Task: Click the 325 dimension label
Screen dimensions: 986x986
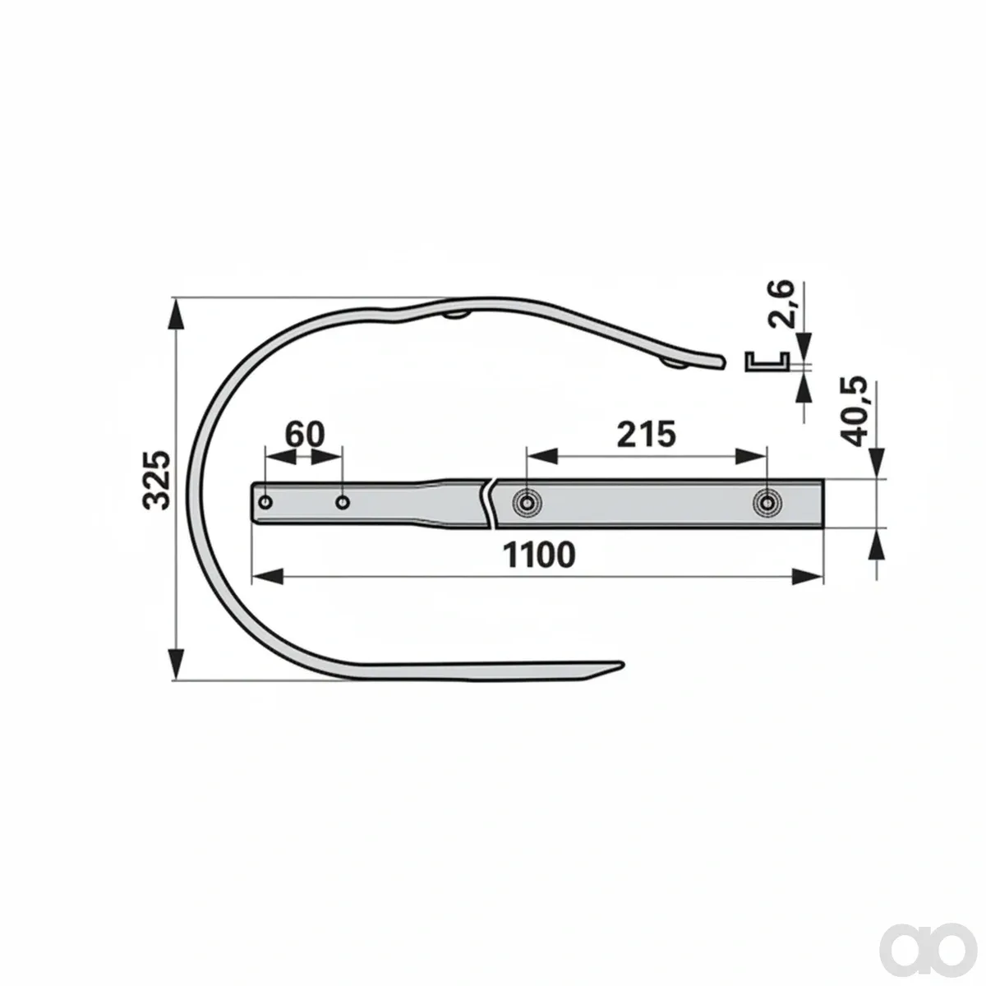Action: click(x=156, y=480)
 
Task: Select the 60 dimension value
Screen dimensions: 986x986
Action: click(x=305, y=435)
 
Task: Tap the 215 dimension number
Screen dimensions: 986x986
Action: click(x=647, y=435)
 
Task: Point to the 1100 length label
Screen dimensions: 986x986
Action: click(x=539, y=555)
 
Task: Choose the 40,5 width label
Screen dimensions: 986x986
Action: click(x=854, y=412)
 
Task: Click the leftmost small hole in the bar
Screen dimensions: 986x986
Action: click(x=265, y=502)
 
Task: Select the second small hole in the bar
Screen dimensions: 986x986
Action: click(x=343, y=503)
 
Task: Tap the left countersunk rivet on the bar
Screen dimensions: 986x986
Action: click(x=526, y=504)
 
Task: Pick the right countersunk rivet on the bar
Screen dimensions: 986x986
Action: click(x=767, y=504)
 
